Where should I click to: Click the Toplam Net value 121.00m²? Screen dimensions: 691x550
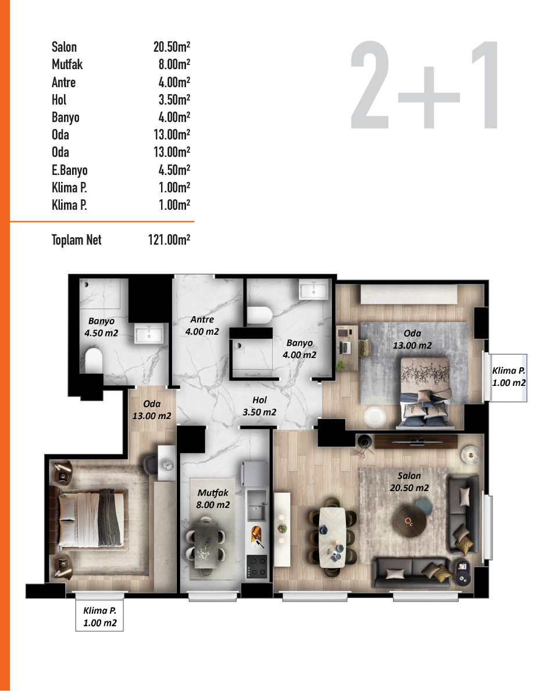170,239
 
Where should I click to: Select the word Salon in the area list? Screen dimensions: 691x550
64,47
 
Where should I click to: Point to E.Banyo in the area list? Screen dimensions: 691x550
69,170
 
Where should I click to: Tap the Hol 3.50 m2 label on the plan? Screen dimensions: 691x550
259,406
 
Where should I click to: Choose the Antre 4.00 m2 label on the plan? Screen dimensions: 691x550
202,325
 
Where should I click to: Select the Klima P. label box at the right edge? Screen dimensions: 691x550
509,377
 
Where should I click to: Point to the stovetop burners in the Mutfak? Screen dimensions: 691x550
257,566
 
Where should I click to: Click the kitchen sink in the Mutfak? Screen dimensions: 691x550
256,511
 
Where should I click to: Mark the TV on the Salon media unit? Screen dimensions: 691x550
417,441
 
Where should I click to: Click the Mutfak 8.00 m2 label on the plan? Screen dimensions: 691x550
213,499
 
